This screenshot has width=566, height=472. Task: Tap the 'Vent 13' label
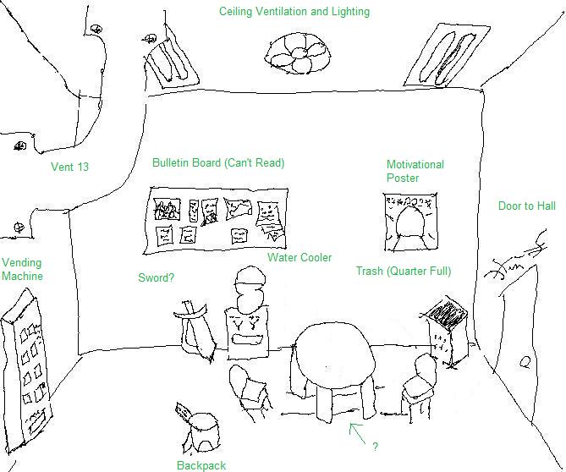69,167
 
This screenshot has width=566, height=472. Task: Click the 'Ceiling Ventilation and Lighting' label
294,12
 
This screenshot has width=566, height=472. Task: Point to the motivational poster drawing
410,222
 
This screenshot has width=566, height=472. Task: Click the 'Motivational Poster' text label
415,171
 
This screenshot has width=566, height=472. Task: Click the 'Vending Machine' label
22,269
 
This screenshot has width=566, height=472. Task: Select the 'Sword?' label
157,277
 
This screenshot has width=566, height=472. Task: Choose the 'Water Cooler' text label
299,258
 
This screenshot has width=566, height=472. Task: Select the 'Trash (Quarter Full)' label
403,272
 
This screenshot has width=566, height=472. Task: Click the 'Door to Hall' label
526,206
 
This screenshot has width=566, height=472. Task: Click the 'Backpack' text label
201,465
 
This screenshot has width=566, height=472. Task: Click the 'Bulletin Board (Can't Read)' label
218,162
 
